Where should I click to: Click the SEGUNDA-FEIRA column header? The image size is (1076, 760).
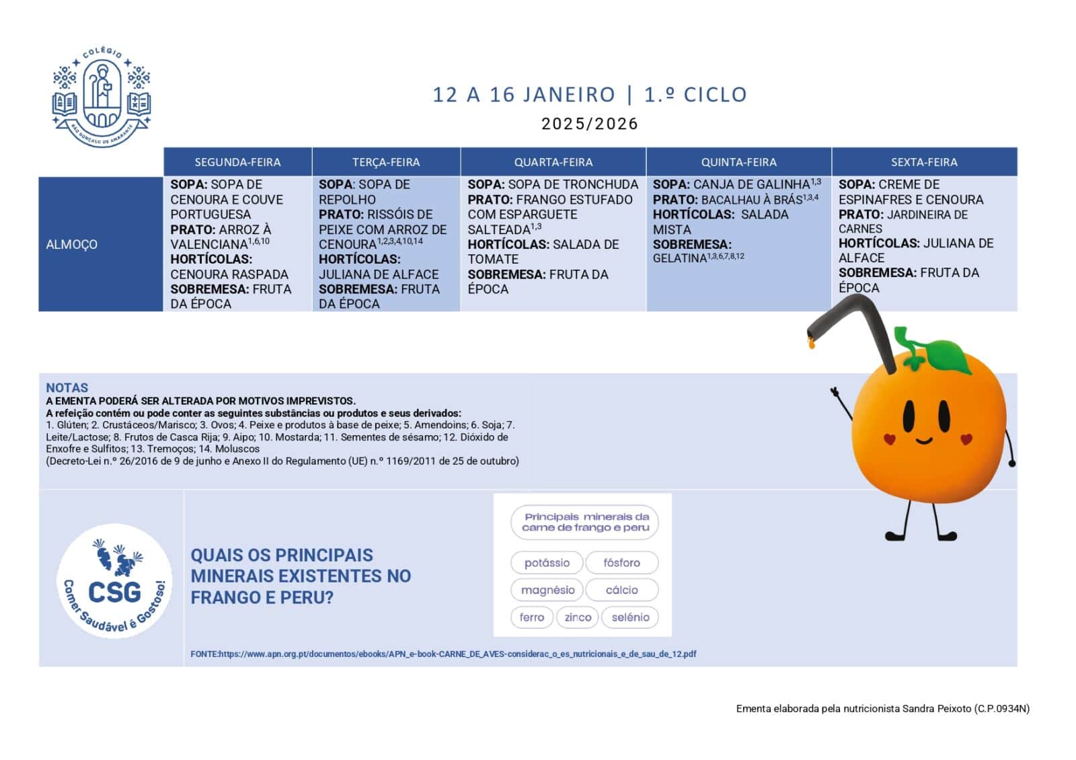237,162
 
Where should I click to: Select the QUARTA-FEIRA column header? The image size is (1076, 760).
553,162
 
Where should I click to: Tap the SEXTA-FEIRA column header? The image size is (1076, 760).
924,162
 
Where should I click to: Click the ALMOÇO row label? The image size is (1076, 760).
72,244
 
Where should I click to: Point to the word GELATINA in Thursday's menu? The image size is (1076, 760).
679,258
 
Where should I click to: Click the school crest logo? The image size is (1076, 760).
102,96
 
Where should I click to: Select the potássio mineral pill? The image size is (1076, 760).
547,563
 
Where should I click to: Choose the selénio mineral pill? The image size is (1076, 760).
630,617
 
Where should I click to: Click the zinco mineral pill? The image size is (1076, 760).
578,617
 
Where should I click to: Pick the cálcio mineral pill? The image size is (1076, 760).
621,590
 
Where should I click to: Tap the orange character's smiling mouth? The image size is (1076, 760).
924,441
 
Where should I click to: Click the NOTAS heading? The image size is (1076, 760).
67,387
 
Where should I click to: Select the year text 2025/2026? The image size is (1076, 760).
589,124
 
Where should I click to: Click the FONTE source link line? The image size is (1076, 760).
444,654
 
